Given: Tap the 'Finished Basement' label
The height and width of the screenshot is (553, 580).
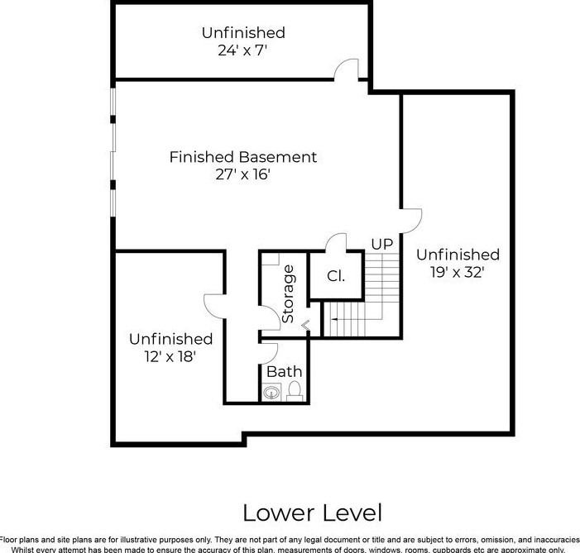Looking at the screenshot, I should coord(243,156).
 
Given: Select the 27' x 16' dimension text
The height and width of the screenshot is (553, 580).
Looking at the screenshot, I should coord(243,174).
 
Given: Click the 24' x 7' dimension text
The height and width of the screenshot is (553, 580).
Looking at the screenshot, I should coord(243,50).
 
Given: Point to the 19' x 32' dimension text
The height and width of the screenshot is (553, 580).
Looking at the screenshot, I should coord(458,272).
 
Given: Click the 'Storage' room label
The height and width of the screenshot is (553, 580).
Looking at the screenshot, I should coord(288,293).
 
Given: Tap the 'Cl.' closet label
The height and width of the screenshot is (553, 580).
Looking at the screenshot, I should coord(336,276).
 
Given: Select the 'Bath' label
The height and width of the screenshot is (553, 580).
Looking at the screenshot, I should coord(284,372).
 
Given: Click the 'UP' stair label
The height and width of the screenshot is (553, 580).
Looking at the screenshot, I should coord(381,244).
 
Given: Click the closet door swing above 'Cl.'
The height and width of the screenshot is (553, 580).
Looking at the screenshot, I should coord(334,242).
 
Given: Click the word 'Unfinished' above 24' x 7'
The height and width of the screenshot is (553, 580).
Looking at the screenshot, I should coord(243,33).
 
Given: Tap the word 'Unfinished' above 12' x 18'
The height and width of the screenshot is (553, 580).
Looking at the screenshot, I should coord(170,339).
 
